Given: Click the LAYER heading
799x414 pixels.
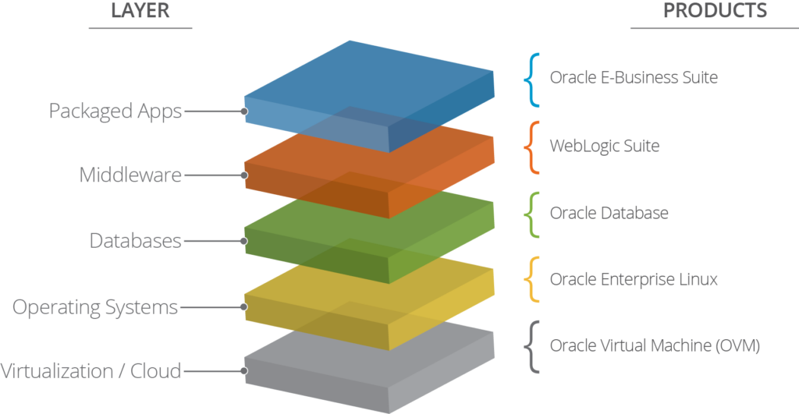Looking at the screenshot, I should coord(140,11).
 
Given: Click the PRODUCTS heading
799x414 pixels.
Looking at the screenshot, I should coord(715,11).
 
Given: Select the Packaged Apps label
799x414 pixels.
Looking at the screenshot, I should coord(115,111).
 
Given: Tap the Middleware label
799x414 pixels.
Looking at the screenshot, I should coord(130,175).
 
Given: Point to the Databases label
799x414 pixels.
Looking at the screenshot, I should coord(135,241).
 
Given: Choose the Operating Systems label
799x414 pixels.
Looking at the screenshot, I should coord(94,307).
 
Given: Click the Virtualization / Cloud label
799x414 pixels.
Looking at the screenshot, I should coord(91,371).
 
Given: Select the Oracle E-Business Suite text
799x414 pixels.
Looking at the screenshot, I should coord(633,78).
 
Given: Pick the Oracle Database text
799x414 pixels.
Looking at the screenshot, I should coord(609,213).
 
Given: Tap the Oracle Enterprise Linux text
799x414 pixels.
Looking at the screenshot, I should coord(633,279).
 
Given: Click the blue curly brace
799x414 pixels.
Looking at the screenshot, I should coord(533,79).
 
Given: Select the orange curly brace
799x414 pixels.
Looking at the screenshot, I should coord(533,147).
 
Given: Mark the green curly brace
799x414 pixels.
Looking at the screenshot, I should coord(533,213).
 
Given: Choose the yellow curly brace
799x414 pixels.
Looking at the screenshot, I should coord(533,279).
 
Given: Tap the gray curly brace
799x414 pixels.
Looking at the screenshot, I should coord(533,345).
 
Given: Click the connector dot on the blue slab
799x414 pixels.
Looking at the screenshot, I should coord(244,111).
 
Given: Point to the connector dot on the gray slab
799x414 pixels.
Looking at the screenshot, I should coord(244,371).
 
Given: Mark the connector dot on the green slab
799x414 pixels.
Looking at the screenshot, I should coord(244,241).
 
